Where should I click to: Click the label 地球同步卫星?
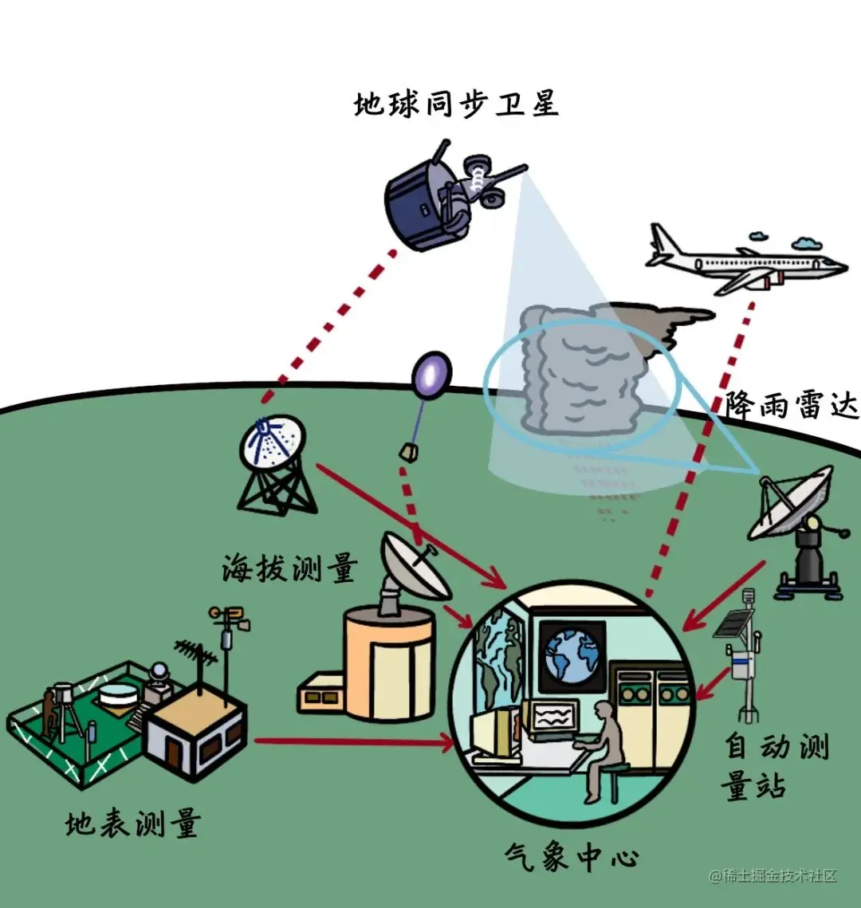click(456, 104)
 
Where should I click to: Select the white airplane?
click(741, 261)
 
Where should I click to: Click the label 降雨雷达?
click(791, 406)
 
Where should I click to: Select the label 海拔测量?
click(289, 569)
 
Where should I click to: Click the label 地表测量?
click(132, 823)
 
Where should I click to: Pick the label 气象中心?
click(572, 858)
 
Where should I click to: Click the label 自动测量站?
click(776, 766)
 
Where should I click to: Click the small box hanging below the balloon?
click(408, 453)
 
